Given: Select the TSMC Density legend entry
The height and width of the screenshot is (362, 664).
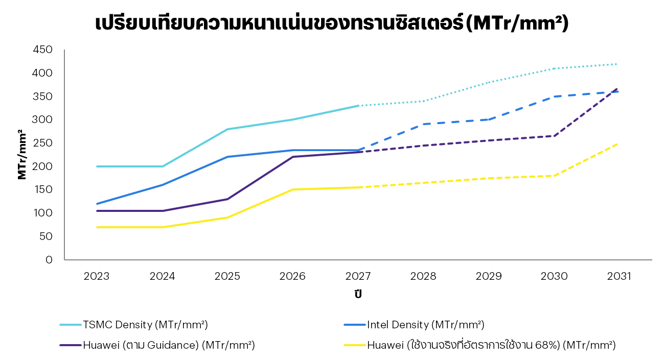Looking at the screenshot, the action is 134,325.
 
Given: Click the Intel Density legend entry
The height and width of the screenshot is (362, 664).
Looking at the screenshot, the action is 414,325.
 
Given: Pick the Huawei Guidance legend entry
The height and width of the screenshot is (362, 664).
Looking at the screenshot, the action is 157,345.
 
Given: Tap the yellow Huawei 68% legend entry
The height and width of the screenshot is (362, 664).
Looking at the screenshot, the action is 480,345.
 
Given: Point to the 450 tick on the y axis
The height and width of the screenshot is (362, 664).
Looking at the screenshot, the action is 43,50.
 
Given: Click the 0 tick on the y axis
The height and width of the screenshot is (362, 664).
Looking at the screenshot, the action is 49,260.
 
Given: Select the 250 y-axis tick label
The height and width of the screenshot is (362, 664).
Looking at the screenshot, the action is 43,143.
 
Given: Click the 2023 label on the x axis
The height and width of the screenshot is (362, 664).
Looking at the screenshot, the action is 97,276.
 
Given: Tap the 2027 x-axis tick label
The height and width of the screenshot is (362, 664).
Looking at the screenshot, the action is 358,276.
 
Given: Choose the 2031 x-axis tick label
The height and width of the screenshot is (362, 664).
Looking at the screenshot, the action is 619,276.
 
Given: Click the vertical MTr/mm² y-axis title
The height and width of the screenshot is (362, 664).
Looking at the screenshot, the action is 21,155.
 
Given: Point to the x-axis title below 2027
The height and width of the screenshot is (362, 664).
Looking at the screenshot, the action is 358,294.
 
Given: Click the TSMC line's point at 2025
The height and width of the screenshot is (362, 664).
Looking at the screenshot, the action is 227,129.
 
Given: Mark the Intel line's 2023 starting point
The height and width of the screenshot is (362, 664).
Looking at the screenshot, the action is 97,204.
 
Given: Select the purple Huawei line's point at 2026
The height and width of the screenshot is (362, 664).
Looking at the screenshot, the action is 293,157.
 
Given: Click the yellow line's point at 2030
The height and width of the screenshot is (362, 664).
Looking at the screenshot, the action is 554,176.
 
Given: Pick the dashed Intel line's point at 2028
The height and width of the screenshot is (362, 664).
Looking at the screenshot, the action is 423,124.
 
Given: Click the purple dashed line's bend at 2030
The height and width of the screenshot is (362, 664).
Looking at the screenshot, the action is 554,136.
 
